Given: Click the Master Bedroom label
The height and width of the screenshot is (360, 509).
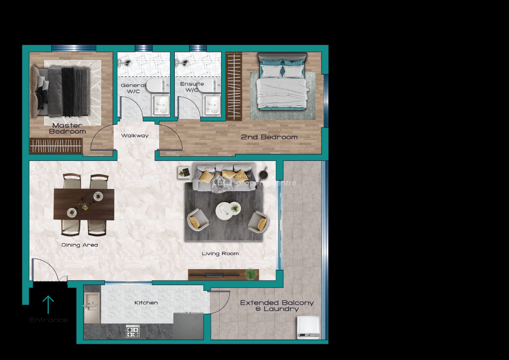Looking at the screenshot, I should pyautogui.click(x=67, y=128).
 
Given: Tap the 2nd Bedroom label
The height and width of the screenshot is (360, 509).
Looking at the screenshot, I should pyautogui.click(x=269, y=137).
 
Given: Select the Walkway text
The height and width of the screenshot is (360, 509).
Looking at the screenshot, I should pyautogui.click(x=135, y=136).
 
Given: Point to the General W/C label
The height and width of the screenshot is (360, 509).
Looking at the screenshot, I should pyautogui.click(x=133, y=88).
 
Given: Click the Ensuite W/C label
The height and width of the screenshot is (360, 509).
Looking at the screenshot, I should pyautogui.click(x=192, y=87).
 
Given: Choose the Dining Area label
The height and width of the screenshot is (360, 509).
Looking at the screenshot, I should pyautogui.click(x=80, y=245).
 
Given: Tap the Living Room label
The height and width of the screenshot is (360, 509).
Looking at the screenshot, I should pyautogui.click(x=220, y=253).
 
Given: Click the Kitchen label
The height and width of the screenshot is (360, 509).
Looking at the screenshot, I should pyautogui.click(x=146, y=303).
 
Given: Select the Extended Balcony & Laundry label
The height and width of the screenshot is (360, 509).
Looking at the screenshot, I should pyautogui.click(x=277, y=306).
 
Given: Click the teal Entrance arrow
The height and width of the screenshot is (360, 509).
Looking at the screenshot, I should pyautogui.click(x=48, y=304).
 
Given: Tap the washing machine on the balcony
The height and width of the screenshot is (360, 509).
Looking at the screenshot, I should pyautogui.click(x=308, y=327).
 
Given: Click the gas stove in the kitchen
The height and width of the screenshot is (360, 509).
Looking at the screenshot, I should pyautogui.click(x=133, y=331).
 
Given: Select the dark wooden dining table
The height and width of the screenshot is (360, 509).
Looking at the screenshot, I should pyautogui.click(x=84, y=204).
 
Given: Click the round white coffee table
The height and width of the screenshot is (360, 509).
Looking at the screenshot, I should pyautogui.click(x=224, y=210).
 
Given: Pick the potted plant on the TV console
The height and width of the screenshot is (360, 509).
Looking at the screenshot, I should pyautogui.click(x=251, y=274).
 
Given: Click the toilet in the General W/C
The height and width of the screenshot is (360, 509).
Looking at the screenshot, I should pyautogui.click(x=156, y=86).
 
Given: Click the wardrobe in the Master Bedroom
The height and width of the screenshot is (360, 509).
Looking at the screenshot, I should pyautogui.click(x=56, y=146).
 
